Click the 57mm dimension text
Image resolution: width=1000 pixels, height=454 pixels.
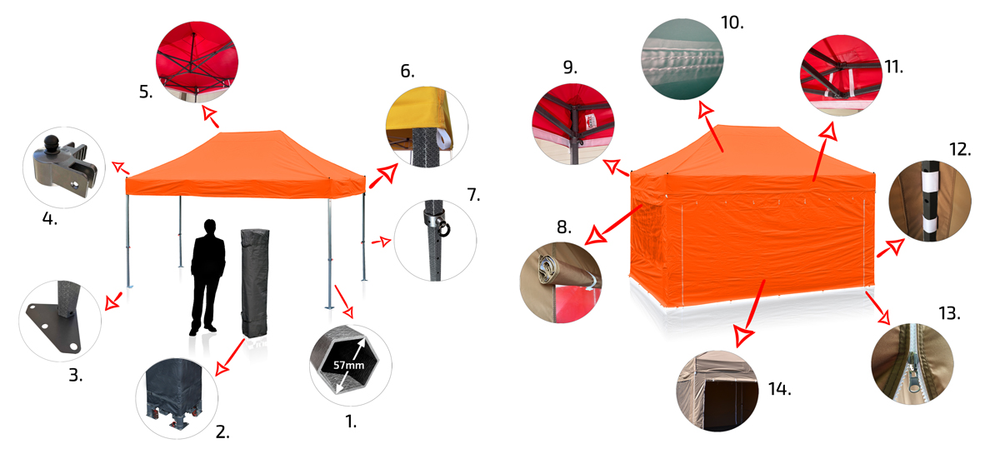click(348, 365)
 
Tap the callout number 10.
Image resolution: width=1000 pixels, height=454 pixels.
click(732, 22)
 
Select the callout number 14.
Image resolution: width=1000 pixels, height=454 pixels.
click(779, 389)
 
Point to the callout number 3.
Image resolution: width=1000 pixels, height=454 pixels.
click(76, 375)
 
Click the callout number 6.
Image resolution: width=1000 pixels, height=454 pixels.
click(407, 71)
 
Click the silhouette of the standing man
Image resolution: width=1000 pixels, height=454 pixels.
click(207, 277)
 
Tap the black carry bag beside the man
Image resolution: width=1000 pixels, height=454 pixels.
click(255, 283)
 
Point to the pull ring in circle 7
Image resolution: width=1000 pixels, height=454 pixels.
click(444, 228)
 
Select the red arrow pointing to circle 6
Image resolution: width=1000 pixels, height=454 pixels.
click(383, 176)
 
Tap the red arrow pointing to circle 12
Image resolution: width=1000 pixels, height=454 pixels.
click(891, 247)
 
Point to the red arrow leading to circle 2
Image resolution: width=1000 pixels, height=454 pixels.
click(229, 357)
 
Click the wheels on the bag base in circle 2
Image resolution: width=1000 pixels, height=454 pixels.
click(175, 420)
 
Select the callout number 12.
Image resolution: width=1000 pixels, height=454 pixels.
click(960, 149)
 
